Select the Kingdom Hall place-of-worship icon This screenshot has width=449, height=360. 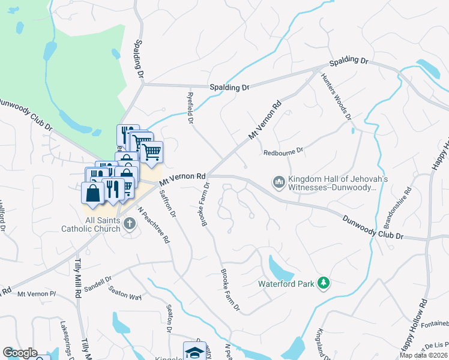pos(279,181)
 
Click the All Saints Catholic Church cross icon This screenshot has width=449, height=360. pos(130,223)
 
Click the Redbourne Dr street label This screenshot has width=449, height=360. pos(285,152)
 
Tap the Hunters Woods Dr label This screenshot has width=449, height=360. pos(336,96)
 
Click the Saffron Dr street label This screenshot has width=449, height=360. pos(166,203)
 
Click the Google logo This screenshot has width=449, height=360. pos(20,353)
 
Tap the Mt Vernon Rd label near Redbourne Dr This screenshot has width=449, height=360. pos(265,122)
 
